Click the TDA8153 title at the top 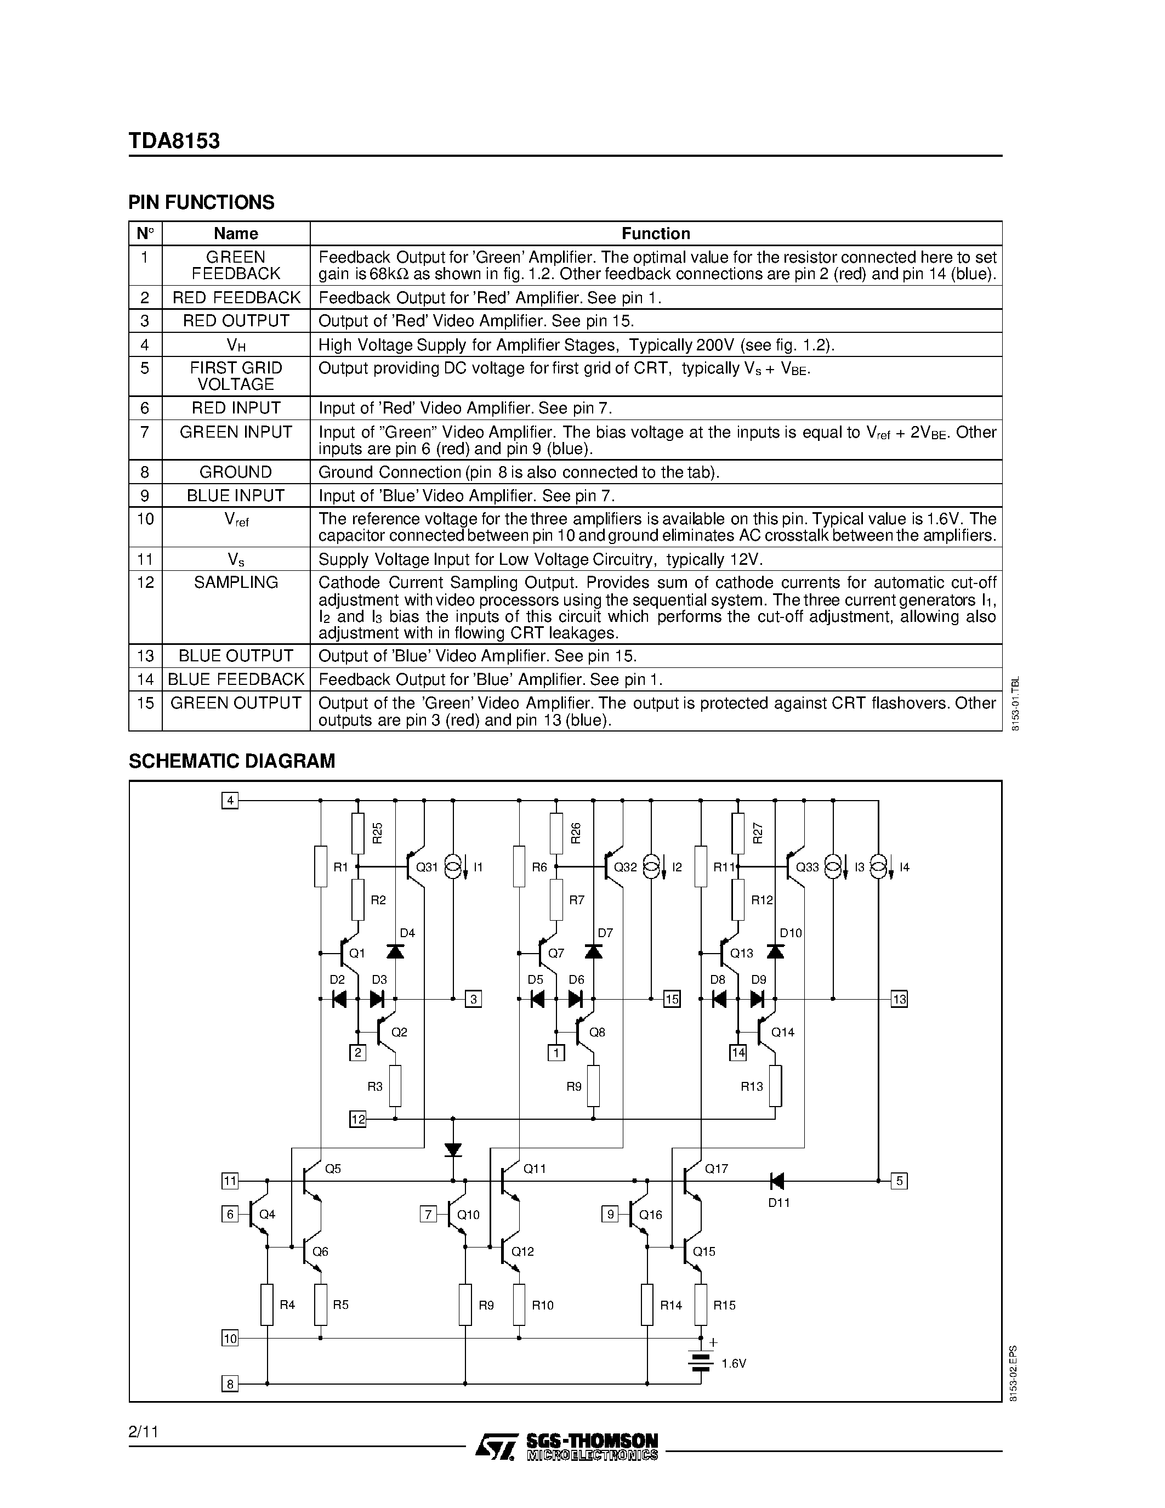coord(174,141)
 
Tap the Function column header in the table coord(655,234)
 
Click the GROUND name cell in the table coord(235,472)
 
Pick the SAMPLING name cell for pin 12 coord(235,582)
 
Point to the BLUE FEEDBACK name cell coord(235,679)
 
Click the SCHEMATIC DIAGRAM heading coord(231,761)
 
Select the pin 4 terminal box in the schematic coord(230,801)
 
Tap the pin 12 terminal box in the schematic coord(357,1119)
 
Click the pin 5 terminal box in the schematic coord(899,1181)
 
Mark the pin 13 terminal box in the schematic coord(899,999)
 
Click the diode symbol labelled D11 coord(776,1181)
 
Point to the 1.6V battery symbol coord(701,1362)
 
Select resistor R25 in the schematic coord(357,834)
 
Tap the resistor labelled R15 coord(701,1305)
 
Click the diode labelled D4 coord(395,952)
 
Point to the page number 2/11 coord(144,1431)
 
